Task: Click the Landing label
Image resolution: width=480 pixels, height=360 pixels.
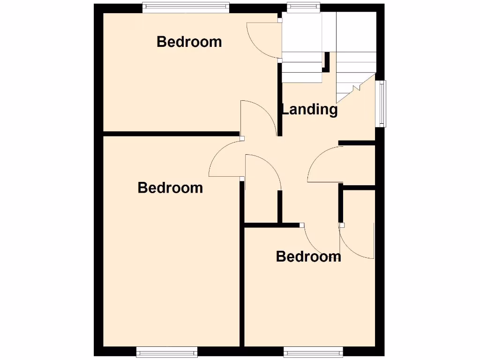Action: pos(309,109)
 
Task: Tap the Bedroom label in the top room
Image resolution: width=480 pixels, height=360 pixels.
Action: pos(189,42)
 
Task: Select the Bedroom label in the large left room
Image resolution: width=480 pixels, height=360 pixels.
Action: pos(170,188)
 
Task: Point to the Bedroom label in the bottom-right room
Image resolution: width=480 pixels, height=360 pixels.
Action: pos(308,256)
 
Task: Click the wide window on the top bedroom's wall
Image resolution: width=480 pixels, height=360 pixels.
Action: pos(186,7)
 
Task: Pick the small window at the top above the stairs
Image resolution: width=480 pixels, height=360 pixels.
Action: pos(303,7)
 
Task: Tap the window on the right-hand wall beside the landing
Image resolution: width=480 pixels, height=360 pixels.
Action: pos(382,104)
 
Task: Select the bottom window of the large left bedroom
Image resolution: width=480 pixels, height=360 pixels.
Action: pos(167,351)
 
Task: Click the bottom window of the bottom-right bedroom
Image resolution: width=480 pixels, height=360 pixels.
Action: pos(313,351)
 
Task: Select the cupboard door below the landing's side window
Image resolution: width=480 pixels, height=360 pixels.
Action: pos(325,164)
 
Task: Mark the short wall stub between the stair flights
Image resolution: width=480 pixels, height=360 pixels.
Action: pos(327,61)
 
